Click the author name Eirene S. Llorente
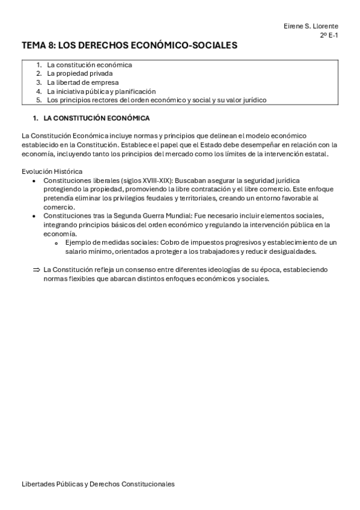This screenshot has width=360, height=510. pos(310,26)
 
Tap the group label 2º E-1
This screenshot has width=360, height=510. pos(329,35)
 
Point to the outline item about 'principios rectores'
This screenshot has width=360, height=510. pos(156,100)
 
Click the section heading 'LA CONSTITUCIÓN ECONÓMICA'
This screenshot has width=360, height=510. pos(97,118)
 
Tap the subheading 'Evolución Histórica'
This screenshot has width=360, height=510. pos(52,171)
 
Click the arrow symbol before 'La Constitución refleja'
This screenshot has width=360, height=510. pos(36,269)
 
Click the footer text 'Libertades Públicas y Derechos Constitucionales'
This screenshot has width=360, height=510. pos(98,484)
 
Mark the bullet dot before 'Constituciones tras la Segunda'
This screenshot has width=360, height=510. pos(36,216)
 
